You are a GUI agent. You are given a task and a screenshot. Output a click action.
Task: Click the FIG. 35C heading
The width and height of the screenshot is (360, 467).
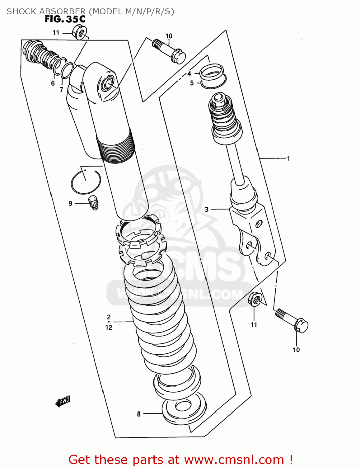(x=65, y=19)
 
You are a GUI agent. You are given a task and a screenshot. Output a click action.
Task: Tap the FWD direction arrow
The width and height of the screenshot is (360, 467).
(x=63, y=401)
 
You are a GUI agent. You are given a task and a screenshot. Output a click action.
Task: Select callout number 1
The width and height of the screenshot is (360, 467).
(x=288, y=158)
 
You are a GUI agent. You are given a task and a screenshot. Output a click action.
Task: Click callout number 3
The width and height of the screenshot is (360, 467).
(x=207, y=210)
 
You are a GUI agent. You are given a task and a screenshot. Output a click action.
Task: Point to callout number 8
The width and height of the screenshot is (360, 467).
(x=139, y=414)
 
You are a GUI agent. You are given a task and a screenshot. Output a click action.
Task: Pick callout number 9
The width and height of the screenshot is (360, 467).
(x=70, y=204)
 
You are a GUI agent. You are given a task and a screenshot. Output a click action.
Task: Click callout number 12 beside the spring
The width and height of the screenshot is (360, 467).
(x=109, y=328)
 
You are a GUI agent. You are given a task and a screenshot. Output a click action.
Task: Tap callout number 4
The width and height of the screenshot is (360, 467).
(x=189, y=74)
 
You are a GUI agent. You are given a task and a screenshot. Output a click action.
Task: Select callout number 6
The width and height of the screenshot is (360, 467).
(x=53, y=83)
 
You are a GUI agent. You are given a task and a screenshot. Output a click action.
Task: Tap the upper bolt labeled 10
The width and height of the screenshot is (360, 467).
(x=170, y=51)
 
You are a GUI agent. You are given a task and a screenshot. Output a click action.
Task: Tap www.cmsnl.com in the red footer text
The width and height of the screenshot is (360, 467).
(x=234, y=460)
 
